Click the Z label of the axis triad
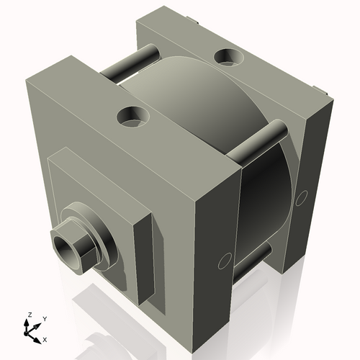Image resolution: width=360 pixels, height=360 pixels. (x=28, y=315)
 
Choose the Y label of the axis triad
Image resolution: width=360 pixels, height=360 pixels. (x=45, y=318)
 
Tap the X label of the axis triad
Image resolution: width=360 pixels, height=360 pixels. (x=45, y=338)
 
